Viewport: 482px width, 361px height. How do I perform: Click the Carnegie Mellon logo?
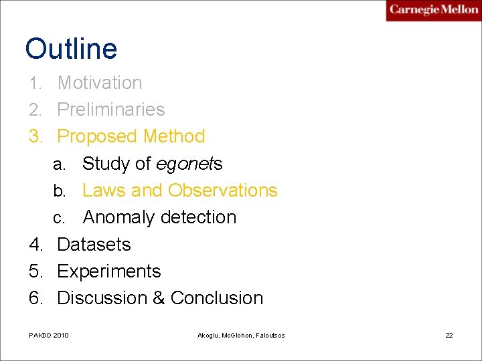[x=433, y=10]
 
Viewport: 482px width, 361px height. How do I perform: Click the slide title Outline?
[x=71, y=49]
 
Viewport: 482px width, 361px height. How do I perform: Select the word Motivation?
[x=100, y=83]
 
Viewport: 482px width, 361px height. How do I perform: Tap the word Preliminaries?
[x=111, y=110]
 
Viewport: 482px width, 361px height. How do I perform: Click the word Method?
[x=174, y=136]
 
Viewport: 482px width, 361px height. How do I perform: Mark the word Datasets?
[x=94, y=245]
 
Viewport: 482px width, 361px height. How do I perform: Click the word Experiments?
[x=109, y=271]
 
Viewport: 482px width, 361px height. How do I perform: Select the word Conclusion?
[x=217, y=298]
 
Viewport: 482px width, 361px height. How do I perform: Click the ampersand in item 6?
[x=159, y=298]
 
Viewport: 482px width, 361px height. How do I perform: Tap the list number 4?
[x=35, y=245]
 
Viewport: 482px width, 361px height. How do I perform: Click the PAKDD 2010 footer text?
[x=49, y=335]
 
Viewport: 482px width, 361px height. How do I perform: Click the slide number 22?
[x=449, y=335]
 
